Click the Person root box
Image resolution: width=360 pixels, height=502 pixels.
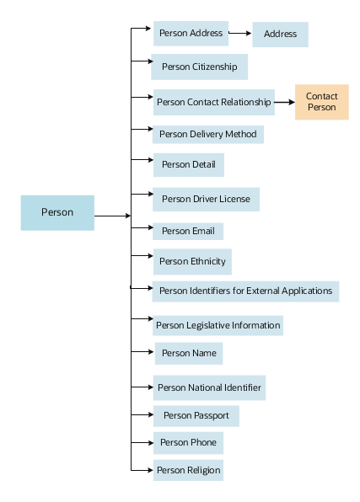57,212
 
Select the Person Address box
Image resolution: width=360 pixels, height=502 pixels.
191,34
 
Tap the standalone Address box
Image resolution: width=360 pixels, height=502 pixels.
280,35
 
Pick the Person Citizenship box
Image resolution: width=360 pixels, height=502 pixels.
199,67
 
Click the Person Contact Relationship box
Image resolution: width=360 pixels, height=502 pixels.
214,103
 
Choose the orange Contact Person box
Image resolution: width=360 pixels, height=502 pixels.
321,102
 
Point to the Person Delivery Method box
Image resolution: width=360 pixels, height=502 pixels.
208,134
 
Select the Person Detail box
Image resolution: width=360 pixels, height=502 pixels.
188,165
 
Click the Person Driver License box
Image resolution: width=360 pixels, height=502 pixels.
206,200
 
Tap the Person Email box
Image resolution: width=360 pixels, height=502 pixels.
188,232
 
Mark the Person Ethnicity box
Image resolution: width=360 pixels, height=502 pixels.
192,261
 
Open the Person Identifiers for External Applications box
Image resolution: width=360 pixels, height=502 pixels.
245,291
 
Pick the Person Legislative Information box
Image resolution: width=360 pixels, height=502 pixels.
218,325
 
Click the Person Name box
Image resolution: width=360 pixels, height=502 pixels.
188,353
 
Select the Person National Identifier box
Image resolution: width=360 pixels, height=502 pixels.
209,389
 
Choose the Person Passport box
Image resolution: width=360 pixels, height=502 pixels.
196,415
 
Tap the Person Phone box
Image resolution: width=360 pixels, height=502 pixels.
188,442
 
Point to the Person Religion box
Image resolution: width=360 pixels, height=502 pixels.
188,470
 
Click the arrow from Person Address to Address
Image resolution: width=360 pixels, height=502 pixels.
240,35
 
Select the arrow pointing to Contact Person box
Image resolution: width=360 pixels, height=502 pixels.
285,103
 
